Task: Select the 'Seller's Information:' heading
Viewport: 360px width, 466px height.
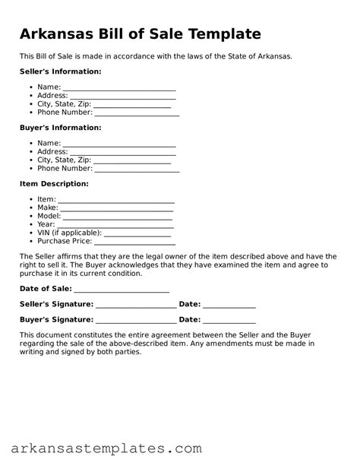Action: [x=60, y=71]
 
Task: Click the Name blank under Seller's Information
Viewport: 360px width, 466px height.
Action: [x=119, y=88]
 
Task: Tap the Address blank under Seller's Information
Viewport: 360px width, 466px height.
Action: [x=122, y=97]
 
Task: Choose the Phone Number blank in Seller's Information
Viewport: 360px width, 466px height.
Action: [x=137, y=113]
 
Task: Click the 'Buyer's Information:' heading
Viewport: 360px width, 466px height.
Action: [x=60, y=128]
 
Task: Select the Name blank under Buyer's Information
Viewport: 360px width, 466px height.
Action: [x=119, y=144]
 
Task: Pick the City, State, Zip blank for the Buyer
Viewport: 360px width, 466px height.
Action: [x=132, y=161]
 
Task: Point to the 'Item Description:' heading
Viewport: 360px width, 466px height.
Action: [x=54, y=184]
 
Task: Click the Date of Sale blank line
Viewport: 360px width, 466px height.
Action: [x=122, y=290]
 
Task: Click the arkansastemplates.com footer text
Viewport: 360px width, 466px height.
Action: [x=101, y=448]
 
